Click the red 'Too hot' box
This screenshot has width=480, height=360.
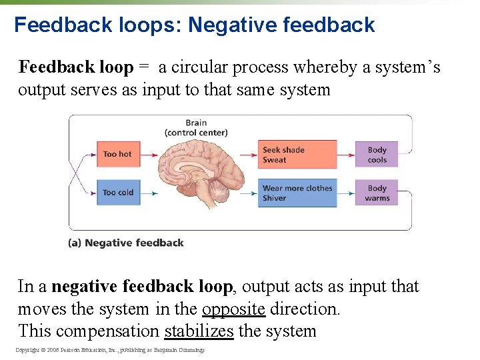click(117, 154)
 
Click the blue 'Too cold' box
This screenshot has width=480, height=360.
click(117, 193)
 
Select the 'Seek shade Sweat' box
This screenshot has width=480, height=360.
click(297, 155)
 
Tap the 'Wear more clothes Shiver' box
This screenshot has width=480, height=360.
click(297, 193)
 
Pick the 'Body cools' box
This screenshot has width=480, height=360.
click(377, 155)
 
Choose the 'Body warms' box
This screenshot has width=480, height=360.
click(377, 193)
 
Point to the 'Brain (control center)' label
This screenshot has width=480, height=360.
click(196, 127)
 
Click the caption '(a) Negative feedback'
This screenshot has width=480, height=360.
click(126, 243)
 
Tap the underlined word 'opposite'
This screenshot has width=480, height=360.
click(233, 309)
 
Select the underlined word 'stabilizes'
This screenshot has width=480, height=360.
click(199, 331)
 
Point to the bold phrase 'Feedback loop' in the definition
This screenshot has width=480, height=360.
click(76, 67)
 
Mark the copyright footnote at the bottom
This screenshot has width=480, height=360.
click(110, 350)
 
